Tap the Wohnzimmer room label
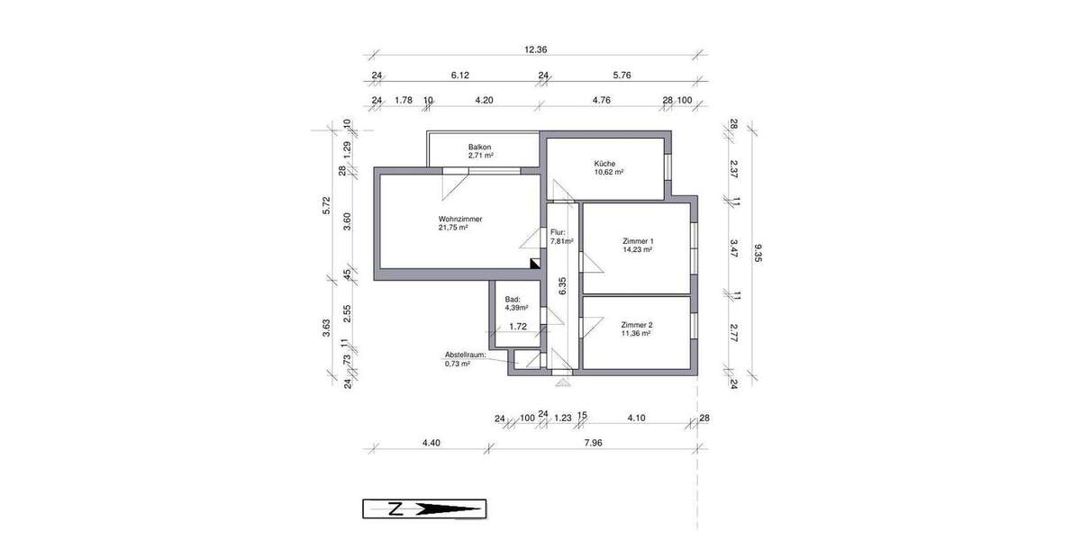point(460,219)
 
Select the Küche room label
point(604,164)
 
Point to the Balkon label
point(480,148)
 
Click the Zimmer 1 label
point(637,241)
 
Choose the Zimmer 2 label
point(636,324)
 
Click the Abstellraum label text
point(465,355)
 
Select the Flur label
point(558,232)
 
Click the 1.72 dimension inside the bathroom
point(518,327)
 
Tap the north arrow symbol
point(424,508)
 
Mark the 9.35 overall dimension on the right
point(759,254)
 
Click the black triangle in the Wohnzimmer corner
point(535,264)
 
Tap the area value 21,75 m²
point(453,228)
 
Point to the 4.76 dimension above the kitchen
point(602,101)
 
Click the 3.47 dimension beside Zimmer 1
point(734,248)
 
